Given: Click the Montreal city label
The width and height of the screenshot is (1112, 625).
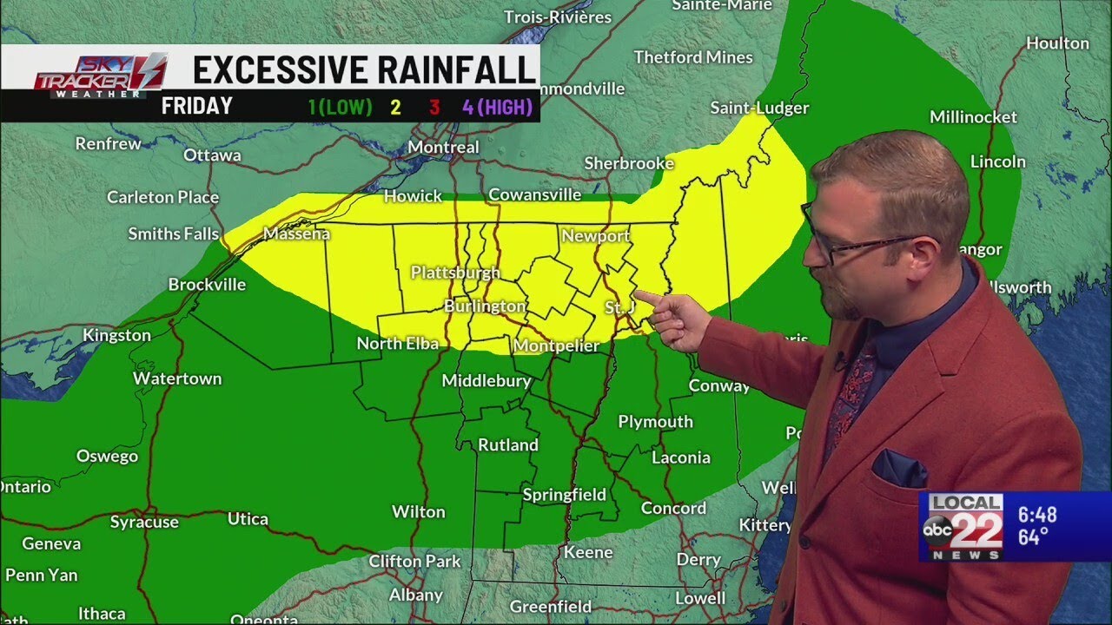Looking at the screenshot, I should point(443,148).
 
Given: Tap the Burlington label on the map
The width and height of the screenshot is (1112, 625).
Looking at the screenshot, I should point(485,306).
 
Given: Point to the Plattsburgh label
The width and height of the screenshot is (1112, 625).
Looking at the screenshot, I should point(455,273).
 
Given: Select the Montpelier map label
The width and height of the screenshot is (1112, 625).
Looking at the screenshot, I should point(556,346).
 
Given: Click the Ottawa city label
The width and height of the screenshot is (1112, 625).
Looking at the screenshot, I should point(212,155).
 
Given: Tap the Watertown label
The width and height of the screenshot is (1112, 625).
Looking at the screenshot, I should point(177,378).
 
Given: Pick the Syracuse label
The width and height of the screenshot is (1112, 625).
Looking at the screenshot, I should point(144,522).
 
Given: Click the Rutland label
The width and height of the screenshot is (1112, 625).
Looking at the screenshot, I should point(508,444).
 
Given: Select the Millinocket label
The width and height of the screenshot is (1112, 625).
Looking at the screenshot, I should point(973,117).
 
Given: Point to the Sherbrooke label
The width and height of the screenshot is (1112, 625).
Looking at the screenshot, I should point(629,163).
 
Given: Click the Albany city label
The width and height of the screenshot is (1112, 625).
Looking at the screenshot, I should point(416,595).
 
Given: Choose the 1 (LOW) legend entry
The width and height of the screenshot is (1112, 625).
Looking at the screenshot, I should point(340,108).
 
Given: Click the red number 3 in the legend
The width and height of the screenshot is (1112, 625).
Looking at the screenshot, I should point(434,108).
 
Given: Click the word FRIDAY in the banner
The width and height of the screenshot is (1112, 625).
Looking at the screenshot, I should point(196,107).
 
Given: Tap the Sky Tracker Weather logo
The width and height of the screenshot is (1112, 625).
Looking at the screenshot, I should point(99,75).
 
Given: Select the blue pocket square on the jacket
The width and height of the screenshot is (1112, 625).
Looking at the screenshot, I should point(900,469).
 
